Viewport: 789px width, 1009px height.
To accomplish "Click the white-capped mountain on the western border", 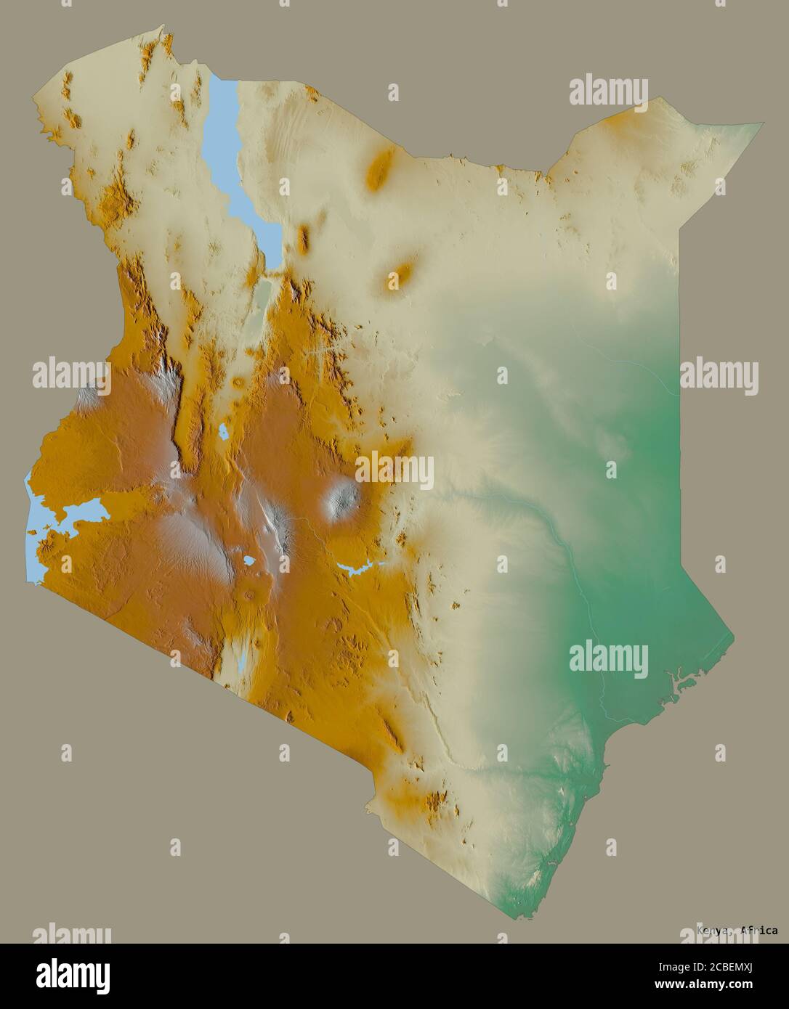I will click(x=88, y=395).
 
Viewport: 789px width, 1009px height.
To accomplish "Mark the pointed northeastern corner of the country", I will click(x=761, y=123).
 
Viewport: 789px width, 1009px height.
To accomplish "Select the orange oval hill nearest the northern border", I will click(x=379, y=170).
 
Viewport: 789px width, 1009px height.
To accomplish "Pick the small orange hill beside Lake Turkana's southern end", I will click(x=302, y=236).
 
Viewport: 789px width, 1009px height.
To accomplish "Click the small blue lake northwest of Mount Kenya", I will click(x=223, y=433).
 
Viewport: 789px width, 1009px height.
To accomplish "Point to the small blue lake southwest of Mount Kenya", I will click(x=249, y=561).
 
